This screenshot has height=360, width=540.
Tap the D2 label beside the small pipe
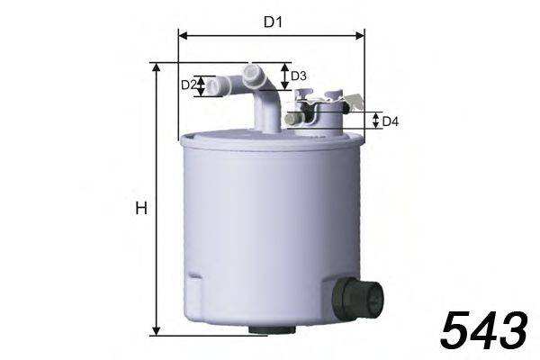pyautogui.click(x=188, y=85)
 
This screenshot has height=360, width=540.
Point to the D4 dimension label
pyautogui.click(x=390, y=121)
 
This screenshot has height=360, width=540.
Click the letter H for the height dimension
pyautogui.click(x=140, y=209)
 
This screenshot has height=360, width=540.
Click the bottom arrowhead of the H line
pyautogui.click(x=158, y=330)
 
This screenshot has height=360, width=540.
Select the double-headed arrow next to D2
pyautogui.click(x=202, y=85)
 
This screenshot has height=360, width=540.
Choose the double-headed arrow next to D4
pyautogui.click(x=373, y=121)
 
